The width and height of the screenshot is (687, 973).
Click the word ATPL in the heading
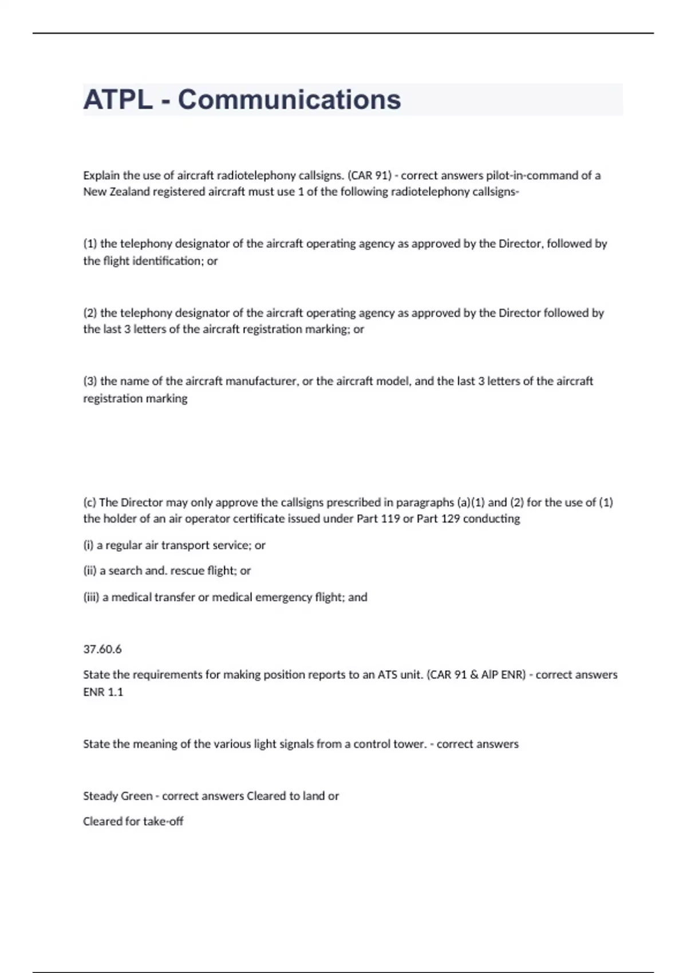(118, 100)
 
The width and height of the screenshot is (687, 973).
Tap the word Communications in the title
(289, 100)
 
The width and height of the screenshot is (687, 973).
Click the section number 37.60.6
(102, 649)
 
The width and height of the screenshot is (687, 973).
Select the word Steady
(98, 796)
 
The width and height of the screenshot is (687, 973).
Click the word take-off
(163, 821)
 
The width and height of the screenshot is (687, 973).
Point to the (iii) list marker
(90, 598)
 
